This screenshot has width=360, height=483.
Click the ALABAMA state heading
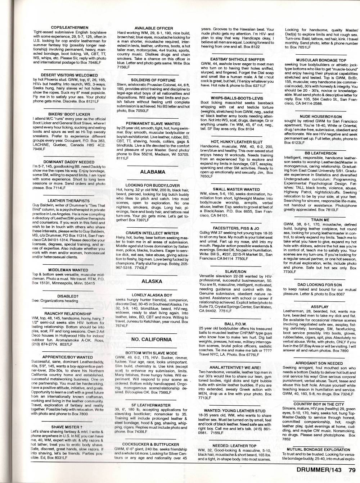[x=153, y=172]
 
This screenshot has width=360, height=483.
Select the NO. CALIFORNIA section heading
[x=152, y=339]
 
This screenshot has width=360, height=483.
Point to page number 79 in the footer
[x=352, y=469]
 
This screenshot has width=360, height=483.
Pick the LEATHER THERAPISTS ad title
[x=69, y=201]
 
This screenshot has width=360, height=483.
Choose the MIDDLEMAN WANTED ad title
[x=68, y=269]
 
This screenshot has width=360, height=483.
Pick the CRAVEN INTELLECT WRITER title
[x=152, y=233]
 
